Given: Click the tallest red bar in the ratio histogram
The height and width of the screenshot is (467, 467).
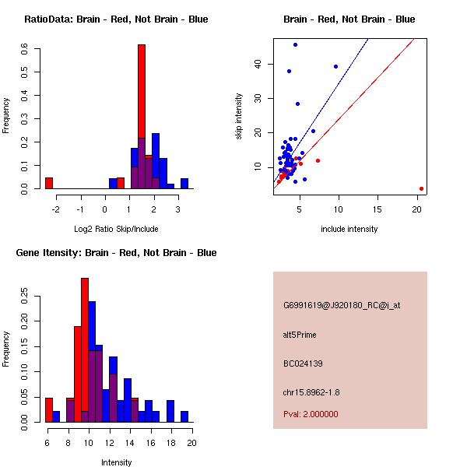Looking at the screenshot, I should (142, 117).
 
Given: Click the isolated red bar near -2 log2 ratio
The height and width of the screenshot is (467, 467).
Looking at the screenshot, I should (49, 184).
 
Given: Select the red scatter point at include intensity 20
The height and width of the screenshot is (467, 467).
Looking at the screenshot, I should (421, 188).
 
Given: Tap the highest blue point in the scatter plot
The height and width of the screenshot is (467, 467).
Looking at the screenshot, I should (295, 44).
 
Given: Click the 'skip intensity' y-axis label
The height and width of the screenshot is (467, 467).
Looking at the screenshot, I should (239, 117).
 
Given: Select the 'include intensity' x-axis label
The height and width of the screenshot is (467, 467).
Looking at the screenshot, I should (349, 229).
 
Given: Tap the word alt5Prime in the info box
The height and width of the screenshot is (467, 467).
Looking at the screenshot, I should (300, 335).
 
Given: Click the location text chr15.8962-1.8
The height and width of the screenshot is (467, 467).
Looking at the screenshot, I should (311, 391).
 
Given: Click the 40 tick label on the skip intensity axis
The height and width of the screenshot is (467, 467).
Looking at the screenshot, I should (259, 64).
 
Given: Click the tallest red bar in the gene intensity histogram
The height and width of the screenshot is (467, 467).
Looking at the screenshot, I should (85, 350).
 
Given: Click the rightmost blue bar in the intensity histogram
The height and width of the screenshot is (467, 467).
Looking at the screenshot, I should (184, 416).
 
